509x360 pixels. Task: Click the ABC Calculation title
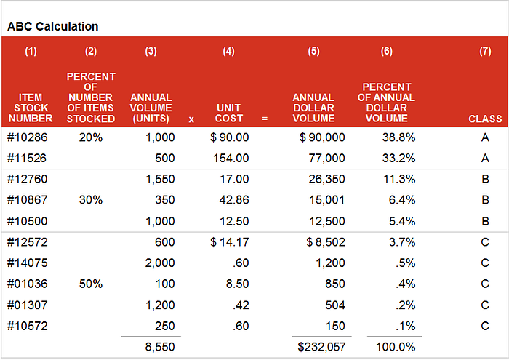click(52, 26)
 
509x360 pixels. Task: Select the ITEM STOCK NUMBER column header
click(31, 108)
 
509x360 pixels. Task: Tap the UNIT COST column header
click(229, 113)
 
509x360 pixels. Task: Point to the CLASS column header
click(485, 119)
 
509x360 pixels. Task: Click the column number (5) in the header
click(313, 52)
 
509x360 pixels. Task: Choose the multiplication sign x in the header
click(191, 119)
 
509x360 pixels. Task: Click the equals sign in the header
click(265, 119)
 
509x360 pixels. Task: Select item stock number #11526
click(28, 158)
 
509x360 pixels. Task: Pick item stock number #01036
click(28, 284)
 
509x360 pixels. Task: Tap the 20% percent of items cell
click(91, 137)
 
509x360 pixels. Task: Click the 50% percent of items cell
click(91, 284)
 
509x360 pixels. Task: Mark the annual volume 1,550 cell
click(160, 179)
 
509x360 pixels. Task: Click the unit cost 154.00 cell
click(231, 158)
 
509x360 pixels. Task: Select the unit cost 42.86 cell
click(234, 200)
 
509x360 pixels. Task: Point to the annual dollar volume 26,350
click(326, 179)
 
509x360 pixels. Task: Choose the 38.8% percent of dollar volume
click(398, 137)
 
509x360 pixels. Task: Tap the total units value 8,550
click(160, 347)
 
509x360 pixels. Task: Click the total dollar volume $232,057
click(321, 347)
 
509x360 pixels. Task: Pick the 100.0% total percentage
click(396, 347)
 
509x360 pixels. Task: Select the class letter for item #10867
click(485, 200)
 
